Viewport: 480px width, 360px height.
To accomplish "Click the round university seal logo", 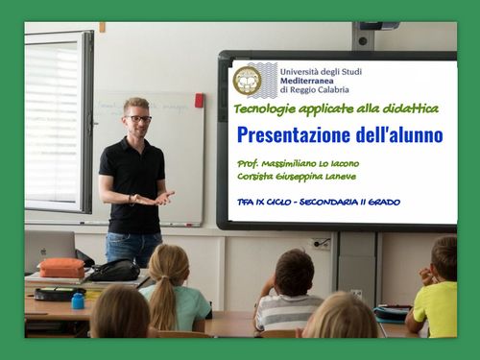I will [x=248, y=80].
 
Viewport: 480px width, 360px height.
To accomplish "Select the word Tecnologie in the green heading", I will [x=267, y=108].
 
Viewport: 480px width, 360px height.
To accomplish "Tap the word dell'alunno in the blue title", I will [x=398, y=134].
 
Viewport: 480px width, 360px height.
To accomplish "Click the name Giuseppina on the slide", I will [x=305, y=177].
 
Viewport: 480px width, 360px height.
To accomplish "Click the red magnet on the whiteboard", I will [x=199, y=100].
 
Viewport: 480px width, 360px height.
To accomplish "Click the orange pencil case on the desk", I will [x=62, y=268].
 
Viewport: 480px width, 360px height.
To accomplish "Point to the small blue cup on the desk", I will [x=78, y=300].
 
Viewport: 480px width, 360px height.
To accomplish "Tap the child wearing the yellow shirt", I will [x=437, y=293].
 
